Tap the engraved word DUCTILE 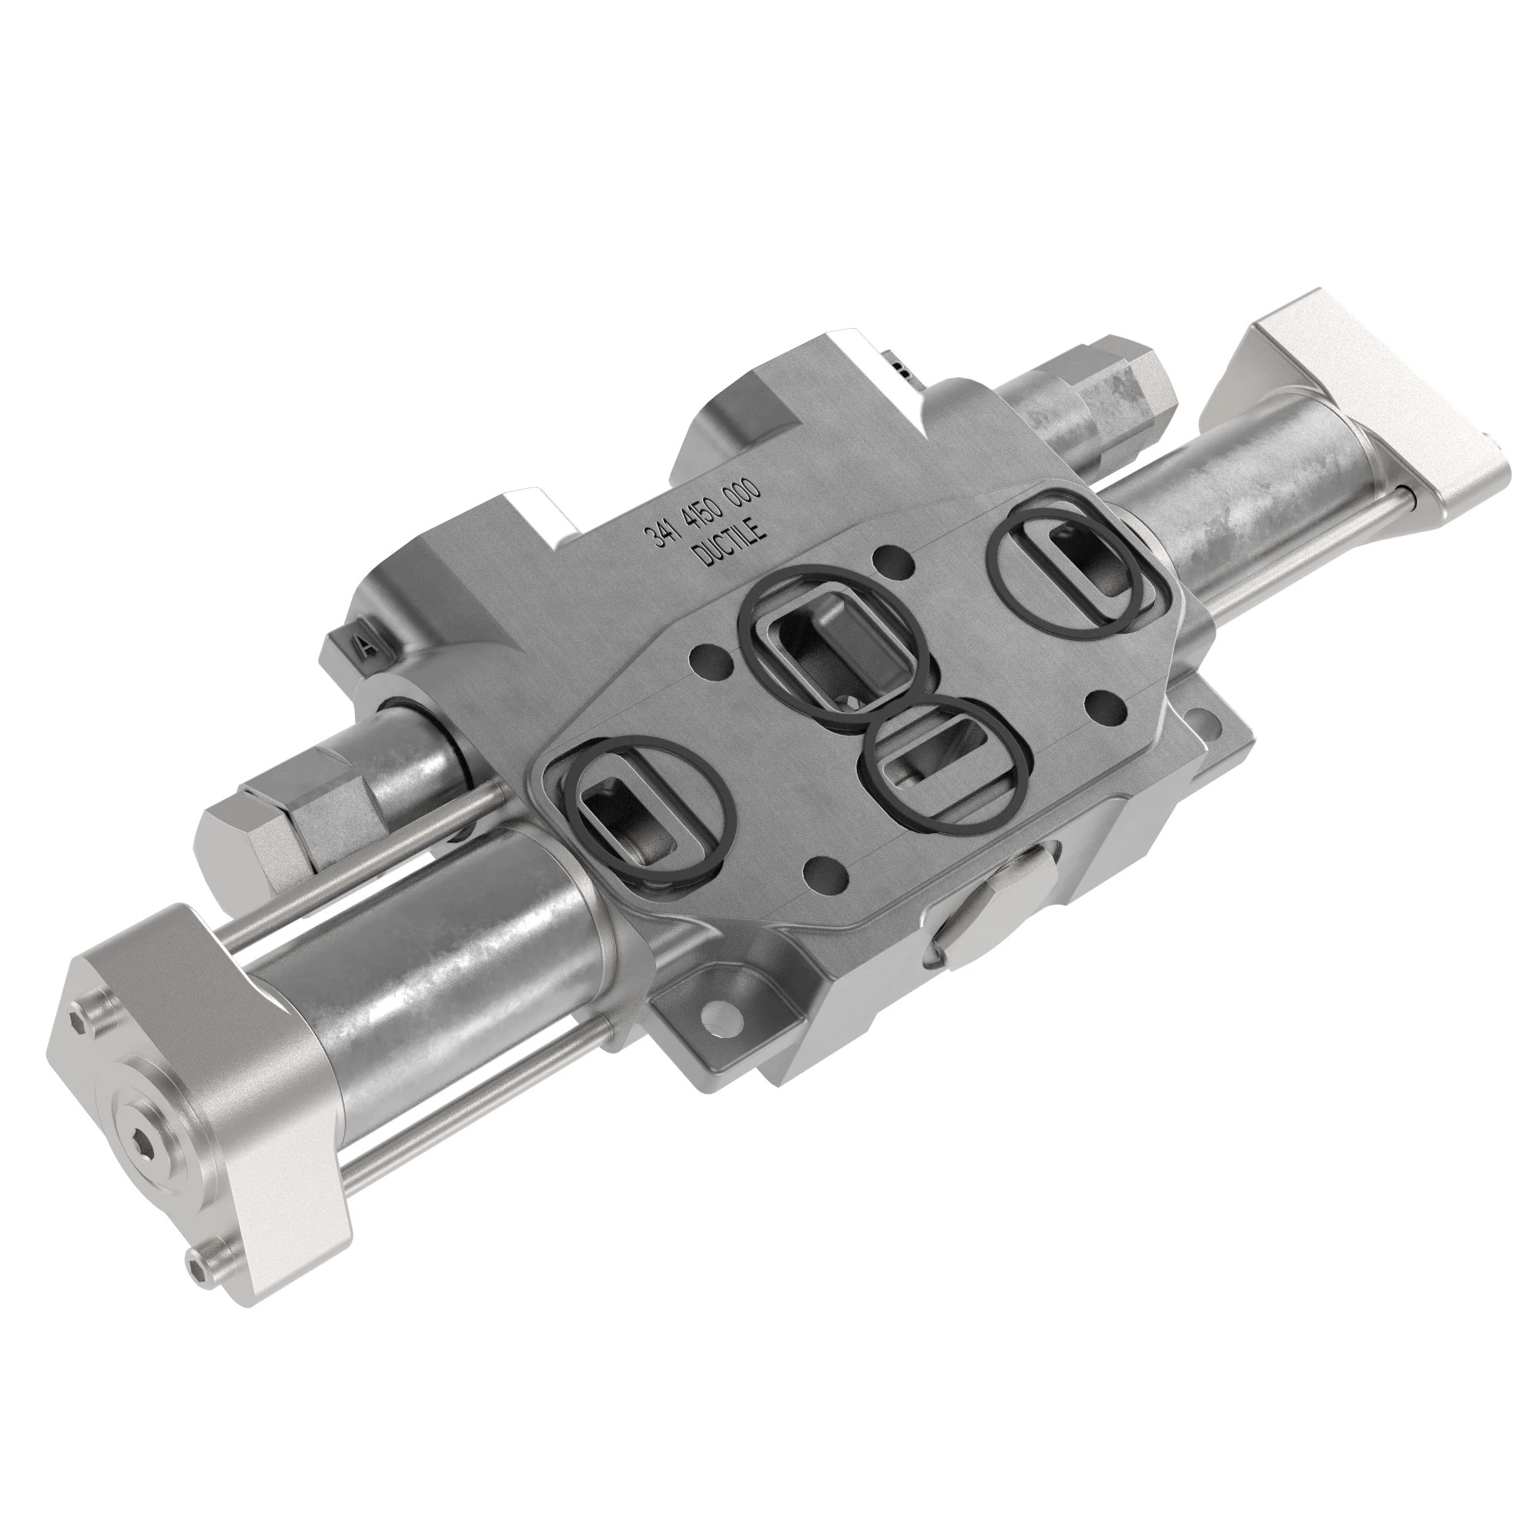731,541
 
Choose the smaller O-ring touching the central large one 943,763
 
